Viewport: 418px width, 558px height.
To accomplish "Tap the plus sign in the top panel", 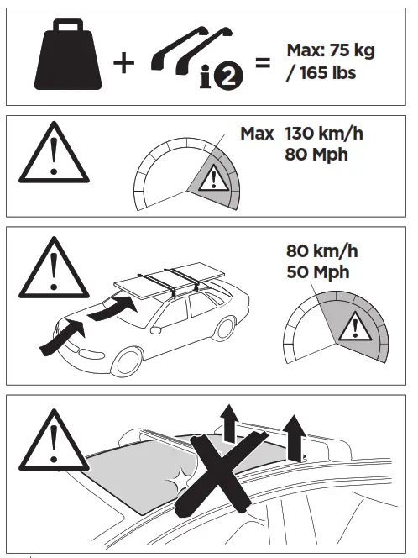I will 123,64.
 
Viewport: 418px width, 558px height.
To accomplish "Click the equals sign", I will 263,62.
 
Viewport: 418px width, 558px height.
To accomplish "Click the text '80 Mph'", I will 317,154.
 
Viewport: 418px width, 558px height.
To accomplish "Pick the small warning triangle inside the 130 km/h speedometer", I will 213,179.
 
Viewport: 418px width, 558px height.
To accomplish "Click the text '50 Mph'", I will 318,272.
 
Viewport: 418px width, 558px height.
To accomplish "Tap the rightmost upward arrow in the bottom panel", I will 295,437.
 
